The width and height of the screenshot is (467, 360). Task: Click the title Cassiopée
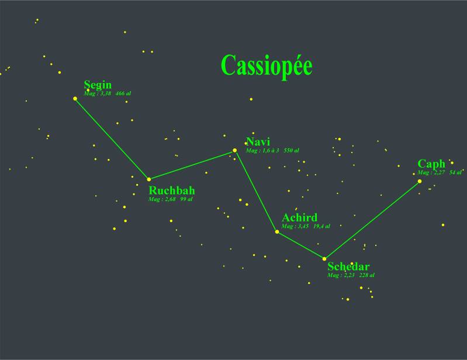coord(267,65)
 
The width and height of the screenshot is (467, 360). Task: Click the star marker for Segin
coord(75,98)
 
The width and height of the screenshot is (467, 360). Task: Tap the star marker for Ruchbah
coord(149,179)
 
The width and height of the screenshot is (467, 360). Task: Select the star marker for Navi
coord(235,150)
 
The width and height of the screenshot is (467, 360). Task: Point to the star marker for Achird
coord(277,232)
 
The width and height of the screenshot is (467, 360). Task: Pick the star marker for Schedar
coord(324,258)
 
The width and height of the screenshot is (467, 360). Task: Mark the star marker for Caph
coord(420,181)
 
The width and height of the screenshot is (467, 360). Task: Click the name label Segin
coord(98,85)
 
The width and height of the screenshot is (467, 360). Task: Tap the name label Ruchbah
coord(172,191)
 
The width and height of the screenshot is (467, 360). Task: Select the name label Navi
coord(258,142)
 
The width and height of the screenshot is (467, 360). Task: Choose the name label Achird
coord(299,218)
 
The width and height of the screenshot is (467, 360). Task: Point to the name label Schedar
coord(348,267)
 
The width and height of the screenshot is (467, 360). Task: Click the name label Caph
coord(431,164)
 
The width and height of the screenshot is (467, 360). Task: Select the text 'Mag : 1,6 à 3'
coord(262,151)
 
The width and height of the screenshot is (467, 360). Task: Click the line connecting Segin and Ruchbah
coord(112,139)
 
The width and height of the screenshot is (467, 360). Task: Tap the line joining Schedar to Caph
coord(372,220)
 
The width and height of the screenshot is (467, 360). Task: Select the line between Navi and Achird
coord(256,191)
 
